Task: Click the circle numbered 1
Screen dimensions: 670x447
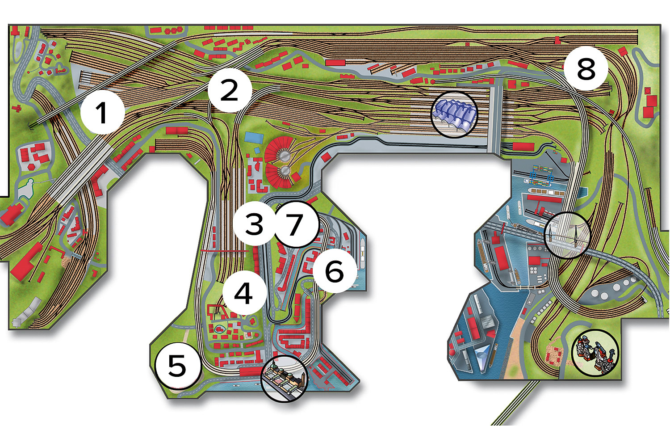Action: pyautogui.click(x=103, y=112)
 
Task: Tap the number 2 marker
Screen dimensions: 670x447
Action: pyautogui.click(x=230, y=90)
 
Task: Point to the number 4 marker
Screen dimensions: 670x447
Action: pyautogui.click(x=244, y=293)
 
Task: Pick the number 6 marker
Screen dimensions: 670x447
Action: pyautogui.click(x=335, y=270)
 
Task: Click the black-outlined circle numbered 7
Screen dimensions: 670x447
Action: pyautogui.click(x=296, y=224)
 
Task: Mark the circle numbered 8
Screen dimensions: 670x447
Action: pyautogui.click(x=586, y=68)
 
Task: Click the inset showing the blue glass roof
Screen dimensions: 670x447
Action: pyautogui.click(x=454, y=114)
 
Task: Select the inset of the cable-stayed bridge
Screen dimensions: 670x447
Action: pyautogui.click(x=567, y=235)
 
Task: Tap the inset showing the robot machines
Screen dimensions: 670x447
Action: pyautogui.click(x=595, y=353)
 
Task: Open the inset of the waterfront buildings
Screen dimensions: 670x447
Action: pyautogui.click(x=284, y=379)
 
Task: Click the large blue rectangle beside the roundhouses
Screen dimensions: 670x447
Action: pyautogui.click(x=254, y=137)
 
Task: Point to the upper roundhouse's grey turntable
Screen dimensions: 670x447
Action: pyautogui.click(x=283, y=155)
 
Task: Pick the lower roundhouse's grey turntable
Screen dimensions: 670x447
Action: pyautogui.click(x=285, y=171)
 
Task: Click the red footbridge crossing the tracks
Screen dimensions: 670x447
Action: pyautogui.click(x=225, y=251)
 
